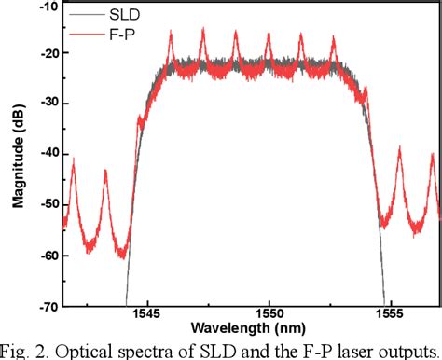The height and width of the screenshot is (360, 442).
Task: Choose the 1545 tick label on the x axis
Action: [148, 317]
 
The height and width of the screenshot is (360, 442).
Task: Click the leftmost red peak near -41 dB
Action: [73, 160]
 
